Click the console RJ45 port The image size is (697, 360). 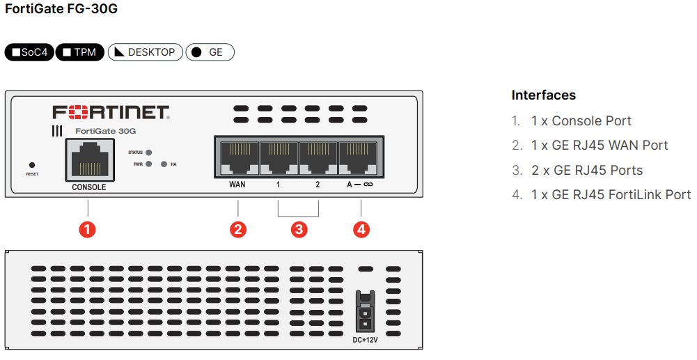coord(89,159)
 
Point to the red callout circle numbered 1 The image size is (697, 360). coord(87,229)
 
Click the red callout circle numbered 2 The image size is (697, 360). coord(238,229)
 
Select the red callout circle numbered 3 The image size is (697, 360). coord(299,229)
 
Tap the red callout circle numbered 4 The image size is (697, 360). coord(361,229)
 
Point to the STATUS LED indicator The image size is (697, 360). coord(149,152)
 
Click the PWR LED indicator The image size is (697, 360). coord(149,164)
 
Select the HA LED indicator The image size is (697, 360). coord(164,164)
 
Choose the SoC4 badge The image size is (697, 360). coord(29,52)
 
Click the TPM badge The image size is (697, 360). coord(80,52)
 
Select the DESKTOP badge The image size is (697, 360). coord(145,52)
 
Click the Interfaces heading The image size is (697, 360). coord(544,95)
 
